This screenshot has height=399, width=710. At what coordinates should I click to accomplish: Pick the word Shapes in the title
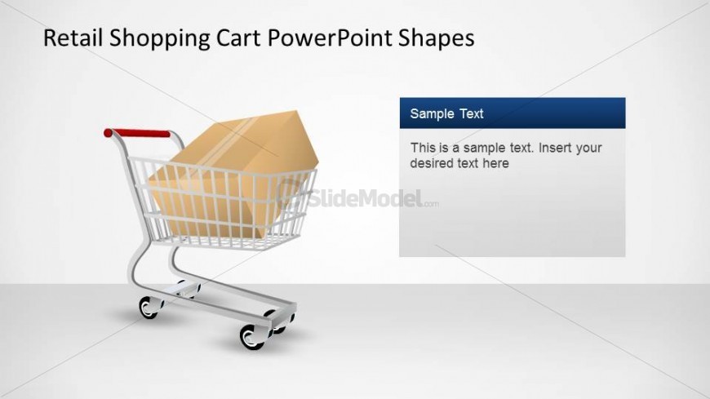tap(440, 38)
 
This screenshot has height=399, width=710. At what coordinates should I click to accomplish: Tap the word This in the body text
tap(423, 148)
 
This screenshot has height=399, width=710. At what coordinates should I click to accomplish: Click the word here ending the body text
tap(495, 163)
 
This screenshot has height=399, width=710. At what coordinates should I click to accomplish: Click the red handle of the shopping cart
tap(137, 133)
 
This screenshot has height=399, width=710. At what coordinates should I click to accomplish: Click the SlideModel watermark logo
tap(359, 197)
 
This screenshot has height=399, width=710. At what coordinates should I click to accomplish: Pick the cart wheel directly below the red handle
tap(149, 307)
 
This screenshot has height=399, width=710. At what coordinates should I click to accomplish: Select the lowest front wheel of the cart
tap(252, 336)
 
